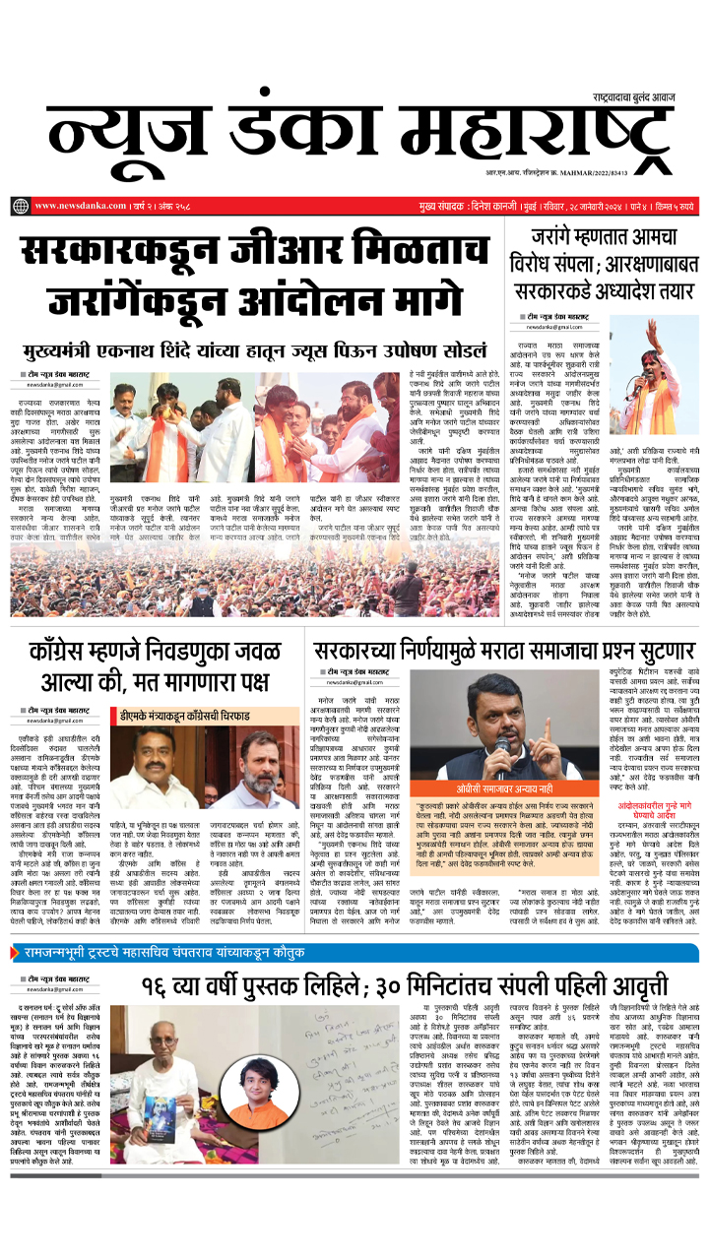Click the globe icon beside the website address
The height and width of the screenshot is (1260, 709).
click(21, 206)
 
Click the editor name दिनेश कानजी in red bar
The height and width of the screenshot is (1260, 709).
click(478, 206)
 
